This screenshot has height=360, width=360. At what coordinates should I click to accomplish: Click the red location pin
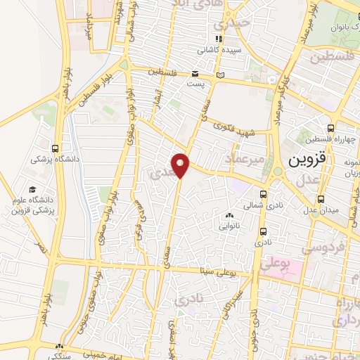(x=181, y=165)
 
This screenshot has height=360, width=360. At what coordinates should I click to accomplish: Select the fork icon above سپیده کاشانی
(x=220, y=39)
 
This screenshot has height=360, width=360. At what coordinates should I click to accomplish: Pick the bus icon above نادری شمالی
(x=264, y=195)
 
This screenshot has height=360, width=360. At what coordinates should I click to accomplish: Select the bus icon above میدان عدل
(x=321, y=198)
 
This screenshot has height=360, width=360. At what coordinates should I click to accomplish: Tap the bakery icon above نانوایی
(x=229, y=215)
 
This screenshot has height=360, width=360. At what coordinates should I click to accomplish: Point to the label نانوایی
(x=229, y=226)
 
